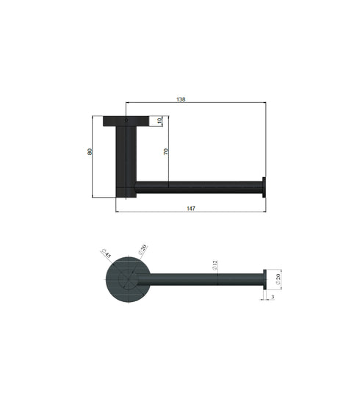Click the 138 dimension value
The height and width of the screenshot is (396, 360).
192,98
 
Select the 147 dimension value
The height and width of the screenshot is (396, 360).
191,209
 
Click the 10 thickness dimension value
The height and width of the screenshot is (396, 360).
160,120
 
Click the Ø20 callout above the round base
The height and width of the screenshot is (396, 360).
143,249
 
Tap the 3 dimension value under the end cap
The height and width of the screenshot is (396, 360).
273,297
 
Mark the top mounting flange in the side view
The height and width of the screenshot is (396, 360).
126,120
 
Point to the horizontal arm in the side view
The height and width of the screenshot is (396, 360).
198,187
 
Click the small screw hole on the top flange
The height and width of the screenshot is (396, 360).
126,120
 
